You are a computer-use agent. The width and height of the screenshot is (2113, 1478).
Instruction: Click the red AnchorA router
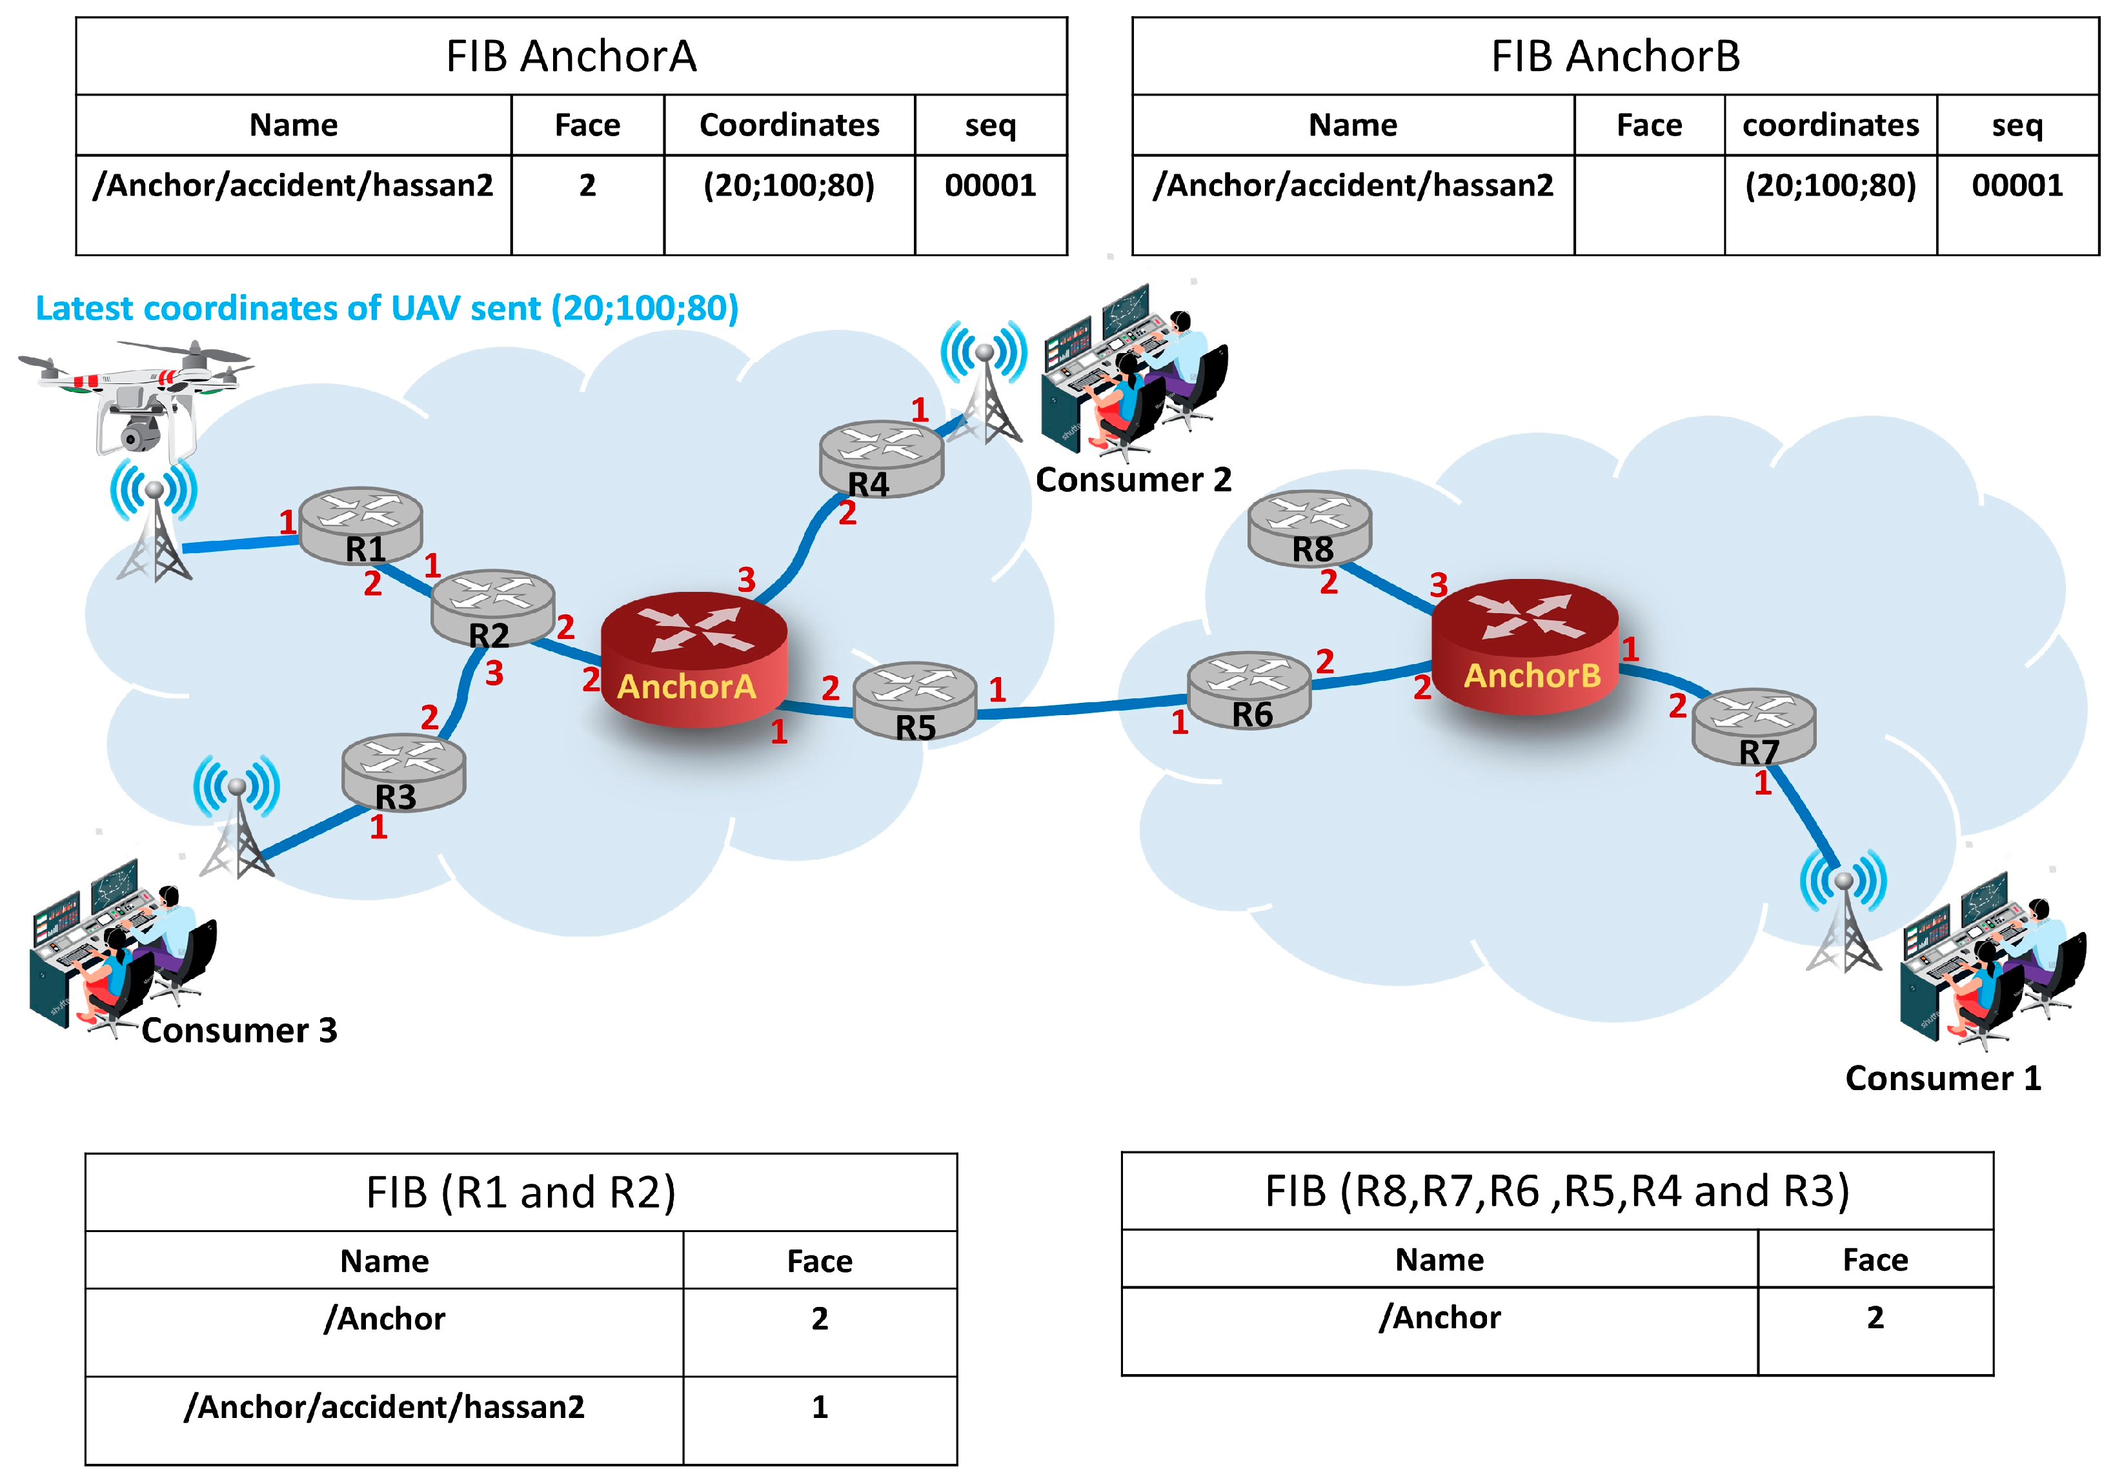click(693, 658)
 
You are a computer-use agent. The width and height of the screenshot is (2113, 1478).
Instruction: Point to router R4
click(881, 458)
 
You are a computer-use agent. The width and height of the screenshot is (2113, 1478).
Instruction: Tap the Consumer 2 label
click(1133, 480)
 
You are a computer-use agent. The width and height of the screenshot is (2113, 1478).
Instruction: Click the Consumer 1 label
click(1943, 1078)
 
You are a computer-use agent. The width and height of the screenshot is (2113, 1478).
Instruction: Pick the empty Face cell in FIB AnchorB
click(1648, 205)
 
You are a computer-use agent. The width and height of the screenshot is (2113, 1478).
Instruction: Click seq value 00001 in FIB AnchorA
click(990, 186)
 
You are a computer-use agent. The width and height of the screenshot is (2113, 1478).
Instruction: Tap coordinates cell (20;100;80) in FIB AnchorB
click(1830, 186)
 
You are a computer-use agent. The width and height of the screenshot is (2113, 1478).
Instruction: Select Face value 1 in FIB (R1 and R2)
click(819, 1406)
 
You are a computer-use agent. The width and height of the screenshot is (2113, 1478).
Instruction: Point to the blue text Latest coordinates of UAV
click(387, 309)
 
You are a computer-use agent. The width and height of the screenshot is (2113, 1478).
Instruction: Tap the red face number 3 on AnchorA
click(746, 580)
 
